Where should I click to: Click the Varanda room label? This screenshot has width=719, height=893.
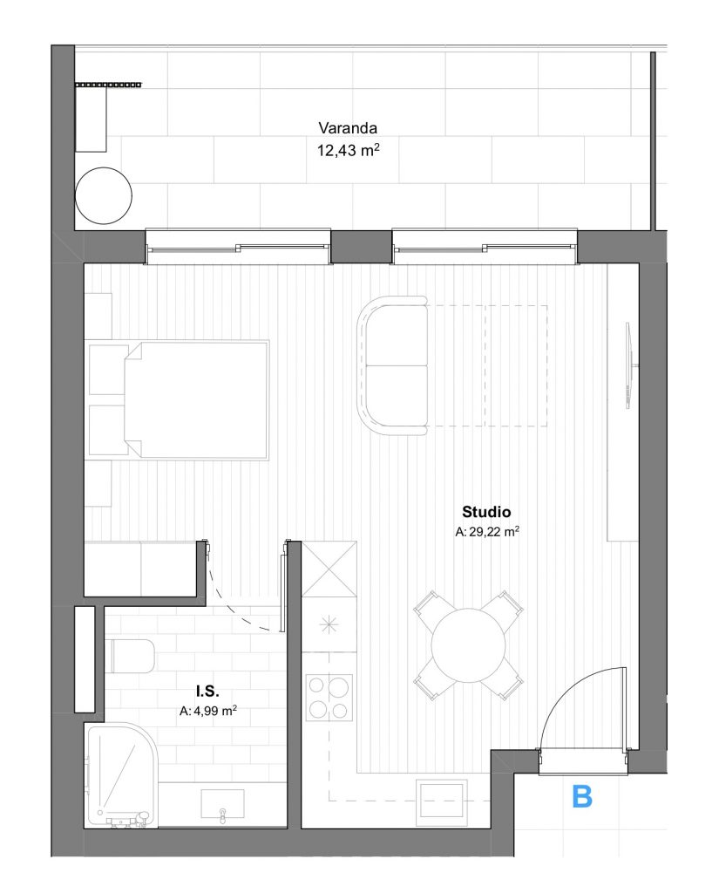(347, 128)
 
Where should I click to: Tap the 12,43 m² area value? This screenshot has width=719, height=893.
(348, 150)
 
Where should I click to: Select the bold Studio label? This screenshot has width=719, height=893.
(486, 511)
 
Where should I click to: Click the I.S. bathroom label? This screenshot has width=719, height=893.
(207, 692)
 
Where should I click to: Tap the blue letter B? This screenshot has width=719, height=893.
(582, 796)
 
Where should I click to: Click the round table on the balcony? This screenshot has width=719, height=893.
(104, 195)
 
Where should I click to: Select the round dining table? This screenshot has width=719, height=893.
(468, 645)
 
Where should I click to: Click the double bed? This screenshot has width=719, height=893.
(196, 400)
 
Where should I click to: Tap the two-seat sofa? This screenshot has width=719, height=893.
(393, 365)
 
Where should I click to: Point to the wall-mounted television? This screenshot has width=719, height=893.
(628, 365)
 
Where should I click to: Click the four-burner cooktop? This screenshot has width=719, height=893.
(329, 697)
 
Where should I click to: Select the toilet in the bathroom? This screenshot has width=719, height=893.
(130, 656)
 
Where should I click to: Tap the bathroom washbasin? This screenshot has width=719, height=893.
(222, 805)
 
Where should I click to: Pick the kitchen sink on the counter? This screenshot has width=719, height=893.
(441, 803)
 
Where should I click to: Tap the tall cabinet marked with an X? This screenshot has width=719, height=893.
(329, 569)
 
